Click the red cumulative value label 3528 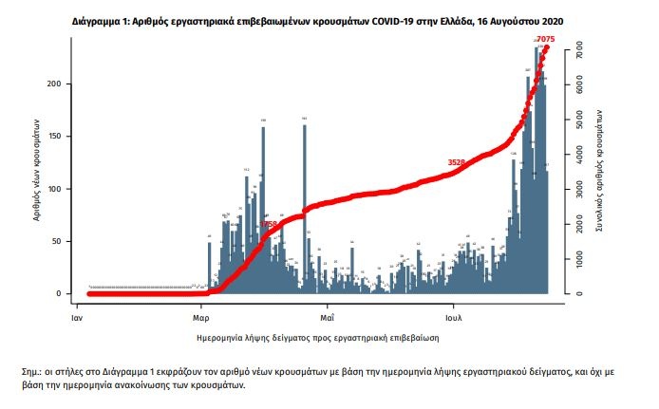457,163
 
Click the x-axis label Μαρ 201,308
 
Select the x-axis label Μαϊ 326,308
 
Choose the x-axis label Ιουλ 452,308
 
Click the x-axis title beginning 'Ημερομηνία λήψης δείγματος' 314,337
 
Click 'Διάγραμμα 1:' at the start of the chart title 98,19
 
